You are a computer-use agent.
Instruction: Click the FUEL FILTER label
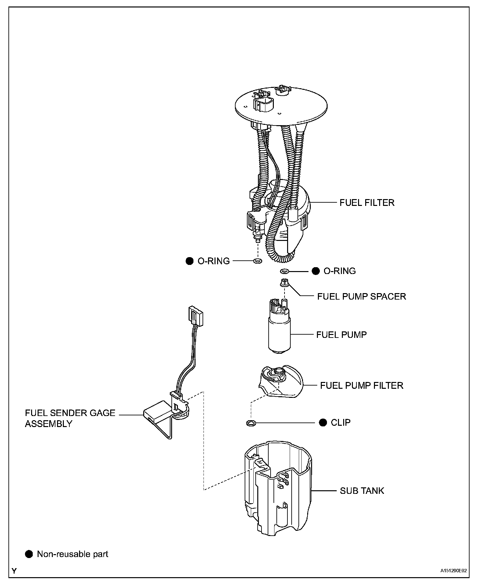click(367, 203)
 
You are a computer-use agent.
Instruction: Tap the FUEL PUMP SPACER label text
click(361, 296)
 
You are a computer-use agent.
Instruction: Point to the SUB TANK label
click(362, 491)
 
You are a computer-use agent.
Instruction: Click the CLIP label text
click(341, 422)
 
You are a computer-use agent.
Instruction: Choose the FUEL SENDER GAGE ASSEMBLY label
click(70, 418)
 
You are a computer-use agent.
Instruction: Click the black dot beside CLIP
click(323, 422)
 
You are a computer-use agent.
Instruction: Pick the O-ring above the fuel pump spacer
click(284, 271)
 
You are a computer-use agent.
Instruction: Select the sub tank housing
click(278, 496)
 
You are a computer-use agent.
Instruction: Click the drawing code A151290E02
click(453, 571)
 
